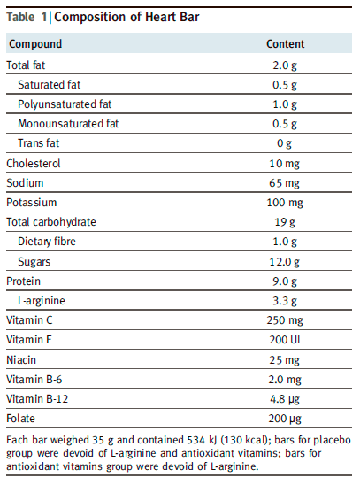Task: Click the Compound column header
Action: (35, 44)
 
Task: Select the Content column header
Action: (285, 44)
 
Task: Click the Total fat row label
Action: (26, 65)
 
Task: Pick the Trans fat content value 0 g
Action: (284, 143)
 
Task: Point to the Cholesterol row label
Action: (34, 164)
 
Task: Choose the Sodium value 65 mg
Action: (284, 183)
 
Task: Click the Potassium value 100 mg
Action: (285, 203)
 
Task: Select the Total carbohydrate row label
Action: (51, 222)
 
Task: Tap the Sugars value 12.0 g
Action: (284, 262)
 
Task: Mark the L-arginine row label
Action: (42, 301)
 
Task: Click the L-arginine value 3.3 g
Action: (285, 301)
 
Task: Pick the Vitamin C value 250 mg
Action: (285, 320)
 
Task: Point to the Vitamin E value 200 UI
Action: (285, 340)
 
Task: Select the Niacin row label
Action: (21, 359)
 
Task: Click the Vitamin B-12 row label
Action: (37, 398)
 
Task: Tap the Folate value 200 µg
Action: (285, 419)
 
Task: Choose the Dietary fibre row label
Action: (47, 242)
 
